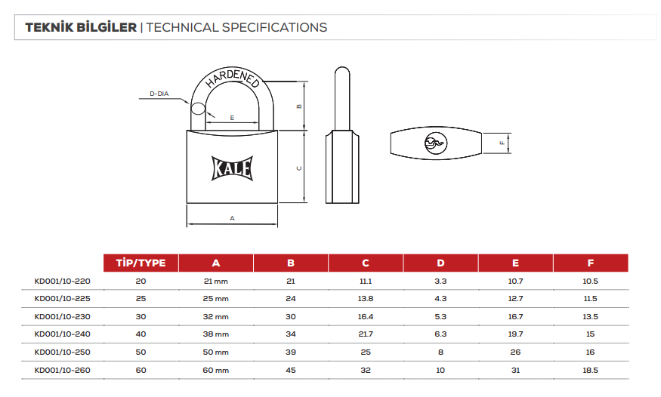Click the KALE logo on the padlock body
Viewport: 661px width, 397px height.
(x=232, y=168)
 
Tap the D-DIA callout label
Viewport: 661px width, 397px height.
(x=159, y=94)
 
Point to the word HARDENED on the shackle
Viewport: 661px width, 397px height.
(x=232, y=78)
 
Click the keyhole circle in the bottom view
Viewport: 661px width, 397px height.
(x=435, y=143)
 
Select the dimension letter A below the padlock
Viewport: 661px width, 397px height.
(x=232, y=218)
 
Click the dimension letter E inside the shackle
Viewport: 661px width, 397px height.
(x=232, y=118)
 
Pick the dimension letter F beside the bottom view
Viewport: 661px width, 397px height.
(x=502, y=143)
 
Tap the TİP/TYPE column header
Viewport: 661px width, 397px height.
(x=141, y=263)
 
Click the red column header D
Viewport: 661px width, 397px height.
(x=440, y=263)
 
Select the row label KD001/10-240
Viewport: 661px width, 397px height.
(x=63, y=334)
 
